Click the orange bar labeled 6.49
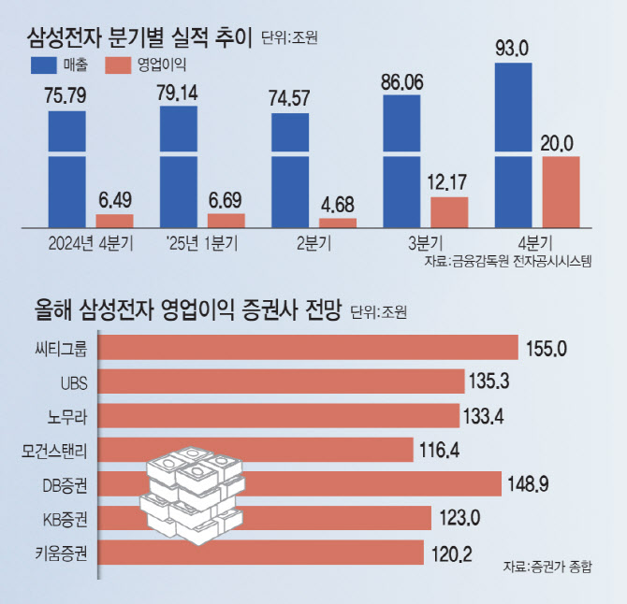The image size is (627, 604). click(x=114, y=221)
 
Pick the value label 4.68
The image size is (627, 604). click(x=337, y=206)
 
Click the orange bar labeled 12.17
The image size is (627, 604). click(x=449, y=212)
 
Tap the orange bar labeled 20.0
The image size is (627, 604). click(x=561, y=192)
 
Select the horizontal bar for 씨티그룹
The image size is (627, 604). click(x=308, y=347)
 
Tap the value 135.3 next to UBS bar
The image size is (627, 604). click(x=494, y=381)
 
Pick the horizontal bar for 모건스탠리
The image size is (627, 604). click(x=255, y=450)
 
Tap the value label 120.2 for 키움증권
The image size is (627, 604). click(x=454, y=552)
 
